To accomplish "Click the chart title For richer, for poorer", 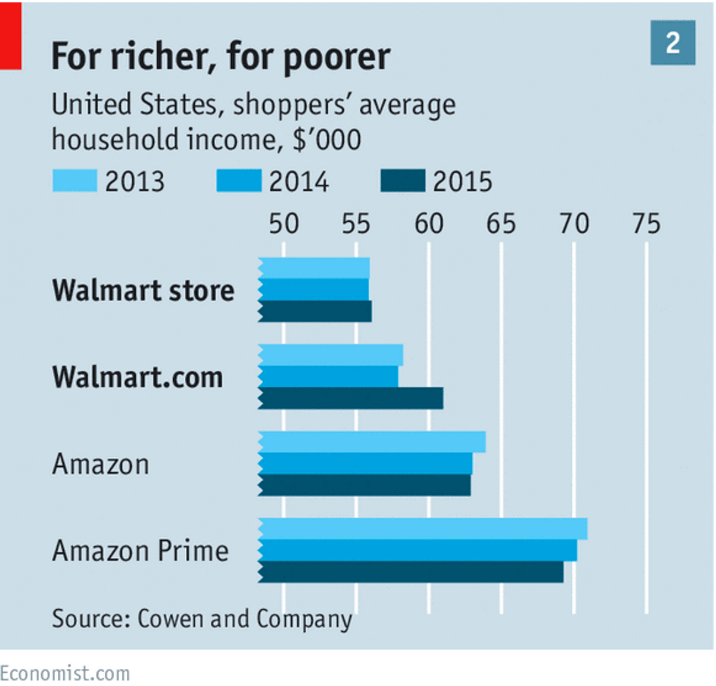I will point(220,57).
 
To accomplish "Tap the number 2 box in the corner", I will point(673,43).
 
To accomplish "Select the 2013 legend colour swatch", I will point(74,181).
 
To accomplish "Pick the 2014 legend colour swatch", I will point(238,181).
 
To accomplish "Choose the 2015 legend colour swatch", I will point(403,181).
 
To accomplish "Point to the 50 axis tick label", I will point(284,224).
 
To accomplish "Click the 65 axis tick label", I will point(501,224).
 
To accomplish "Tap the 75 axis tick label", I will point(646,224).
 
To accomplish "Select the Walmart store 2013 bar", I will point(314,268).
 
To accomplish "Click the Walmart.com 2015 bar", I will point(351,398).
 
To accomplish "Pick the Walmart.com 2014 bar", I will point(328,376).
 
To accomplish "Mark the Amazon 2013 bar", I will point(372,442).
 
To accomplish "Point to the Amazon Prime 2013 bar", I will point(423,529).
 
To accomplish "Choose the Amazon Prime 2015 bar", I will point(411,572).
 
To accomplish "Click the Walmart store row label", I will point(143,291).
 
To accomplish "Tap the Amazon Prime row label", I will point(141,551).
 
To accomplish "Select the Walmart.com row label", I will point(138,378).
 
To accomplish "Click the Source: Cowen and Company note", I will point(202,619).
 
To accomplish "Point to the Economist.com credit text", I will point(65,673).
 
